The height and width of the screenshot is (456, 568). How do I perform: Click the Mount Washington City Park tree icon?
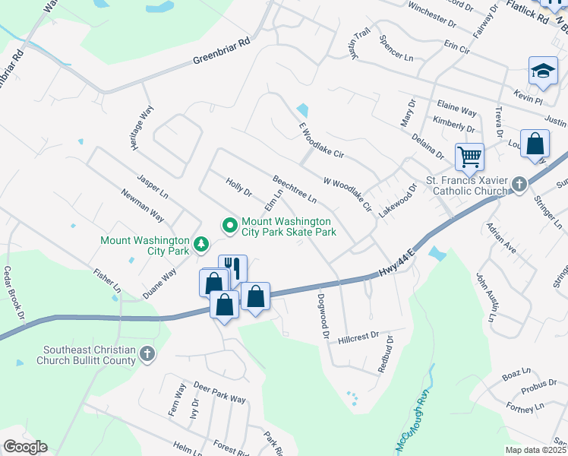201,243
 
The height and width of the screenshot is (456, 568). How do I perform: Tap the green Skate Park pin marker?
229,225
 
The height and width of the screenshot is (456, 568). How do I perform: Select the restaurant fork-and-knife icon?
233,268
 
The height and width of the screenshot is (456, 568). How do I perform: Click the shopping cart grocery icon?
469,157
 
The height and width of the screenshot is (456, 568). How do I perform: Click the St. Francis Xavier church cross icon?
519,184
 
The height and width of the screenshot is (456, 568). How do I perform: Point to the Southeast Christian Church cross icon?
147,353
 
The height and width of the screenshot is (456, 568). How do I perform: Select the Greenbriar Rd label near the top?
221,51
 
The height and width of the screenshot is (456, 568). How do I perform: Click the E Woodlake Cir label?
317,141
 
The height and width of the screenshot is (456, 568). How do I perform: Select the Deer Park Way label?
219,393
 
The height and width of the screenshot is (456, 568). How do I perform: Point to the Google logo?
25,447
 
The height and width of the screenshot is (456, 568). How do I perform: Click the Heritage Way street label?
144,127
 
